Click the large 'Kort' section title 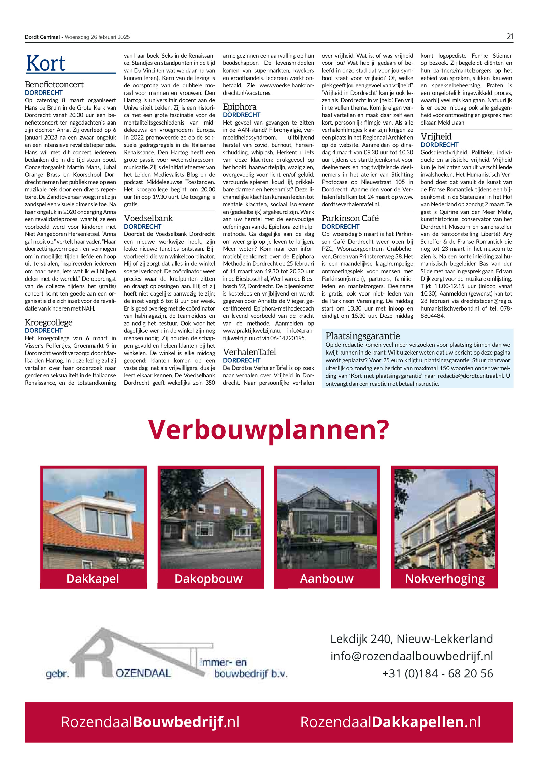click(46, 63)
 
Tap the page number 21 click(509, 37)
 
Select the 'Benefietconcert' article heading click(54, 84)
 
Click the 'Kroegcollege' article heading click(48, 322)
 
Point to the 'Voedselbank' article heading click(148, 218)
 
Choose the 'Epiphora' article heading click(239, 107)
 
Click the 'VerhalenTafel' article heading click(249, 352)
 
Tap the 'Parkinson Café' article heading click(350, 218)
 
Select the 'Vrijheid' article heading click(436, 136)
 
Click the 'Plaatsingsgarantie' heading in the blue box click(362, 336)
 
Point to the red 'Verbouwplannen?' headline click(269, 430)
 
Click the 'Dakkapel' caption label click(93, 578)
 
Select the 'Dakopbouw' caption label click(209, 578)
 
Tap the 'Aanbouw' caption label click(327, 578)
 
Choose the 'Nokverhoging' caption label click(445, 578)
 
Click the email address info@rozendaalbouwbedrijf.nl click(412, 656)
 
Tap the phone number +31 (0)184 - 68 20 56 click(437, 673)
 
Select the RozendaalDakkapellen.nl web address click(390, 722)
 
